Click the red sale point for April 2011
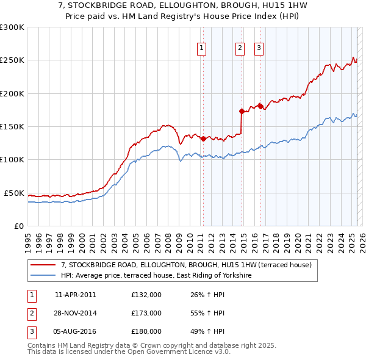pos(203,138)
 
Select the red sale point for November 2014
pos(242,111)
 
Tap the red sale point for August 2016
pos(260,106)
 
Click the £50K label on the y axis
pos(14,193)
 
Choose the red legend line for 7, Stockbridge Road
pos(43,265)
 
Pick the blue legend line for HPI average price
pos(43,276)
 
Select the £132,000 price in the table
pos(146,295)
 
